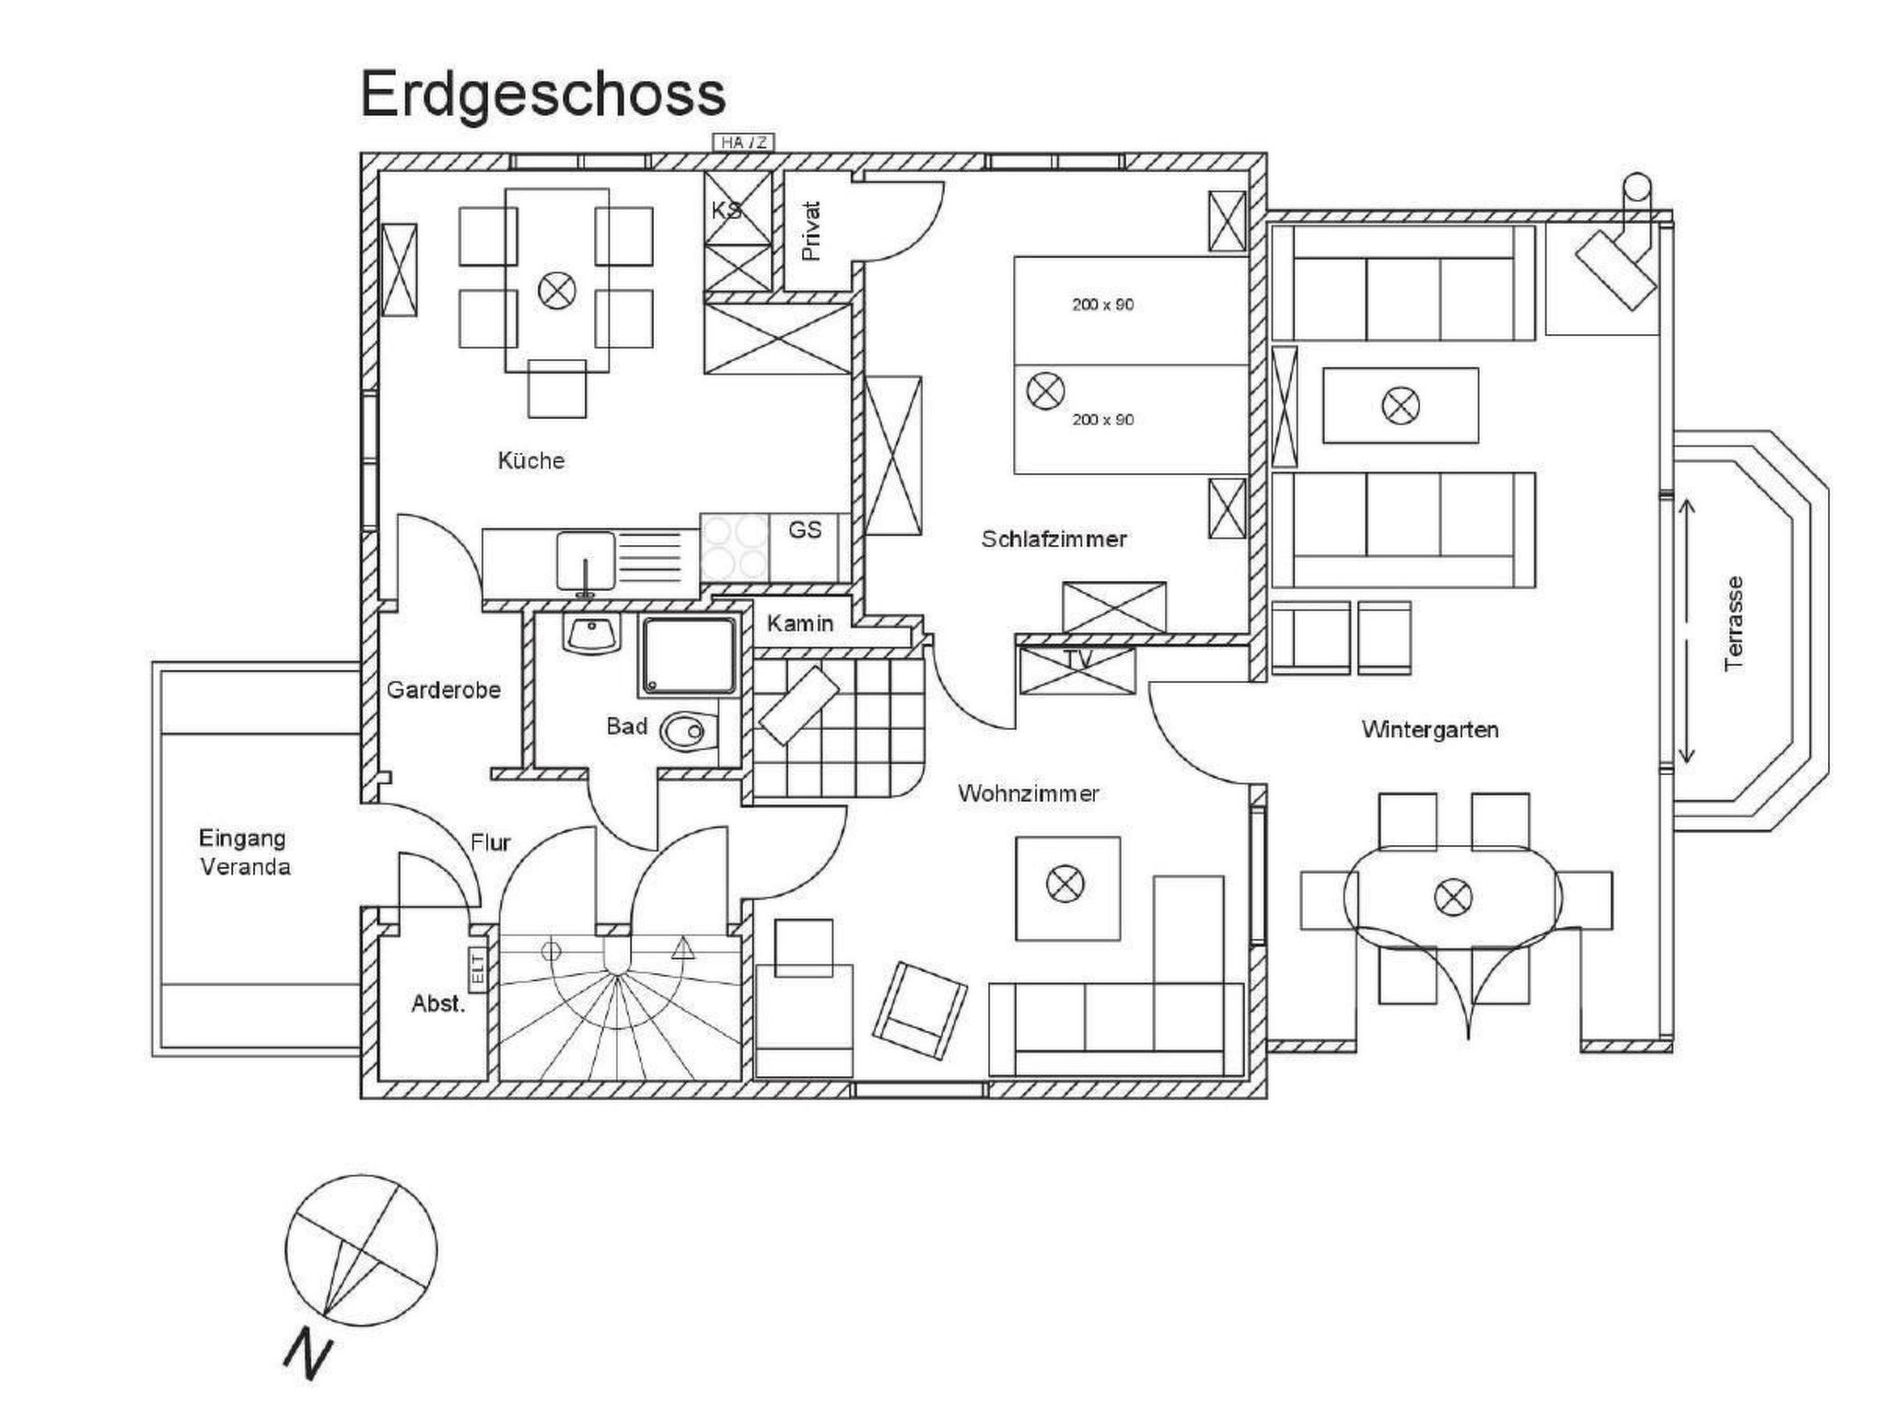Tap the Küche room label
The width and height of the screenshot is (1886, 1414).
(531, 460)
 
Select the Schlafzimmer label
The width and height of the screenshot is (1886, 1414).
(1054, 539)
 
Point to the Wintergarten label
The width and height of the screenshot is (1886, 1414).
(1430, 730)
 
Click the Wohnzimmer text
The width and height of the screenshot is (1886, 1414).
(1028, 794)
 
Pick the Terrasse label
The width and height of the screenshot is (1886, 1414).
(1734, 623)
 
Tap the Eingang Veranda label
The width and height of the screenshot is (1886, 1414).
(244, 852)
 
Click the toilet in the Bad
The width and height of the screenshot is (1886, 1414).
(685, 732)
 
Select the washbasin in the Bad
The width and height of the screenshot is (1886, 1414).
(590, 634)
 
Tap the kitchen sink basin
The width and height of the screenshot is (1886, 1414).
(585, 561)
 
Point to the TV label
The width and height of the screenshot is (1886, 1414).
(1077, 660)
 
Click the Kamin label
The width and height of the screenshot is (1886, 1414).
(800, 623)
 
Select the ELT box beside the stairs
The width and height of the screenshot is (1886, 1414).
(478, 970)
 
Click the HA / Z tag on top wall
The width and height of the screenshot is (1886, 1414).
(744, 143)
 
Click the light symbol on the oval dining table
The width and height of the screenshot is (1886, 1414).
(1453, 897)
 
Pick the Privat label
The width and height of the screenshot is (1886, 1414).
(810, 231)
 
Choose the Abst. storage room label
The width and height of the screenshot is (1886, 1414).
(438, 1003)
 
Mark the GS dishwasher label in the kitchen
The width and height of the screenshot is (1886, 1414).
(805, 529)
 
